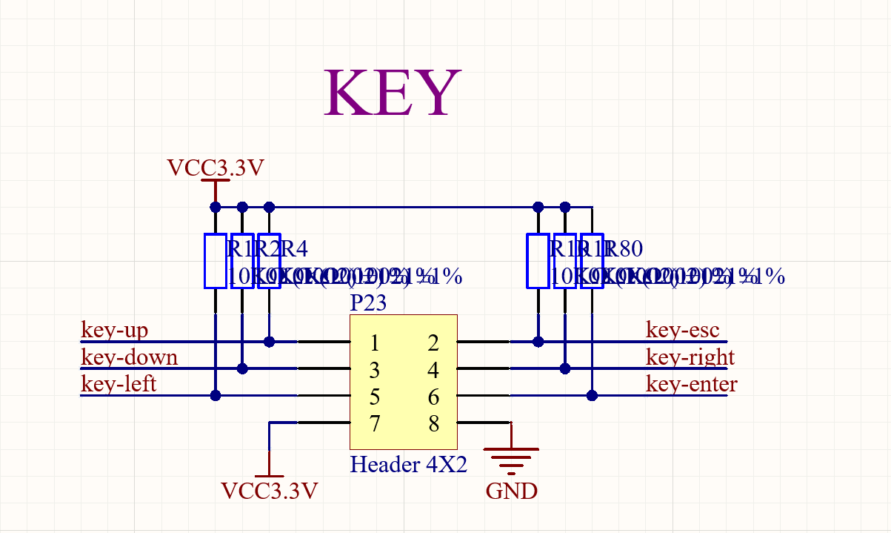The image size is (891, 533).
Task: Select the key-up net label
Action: click(x=115, y=330)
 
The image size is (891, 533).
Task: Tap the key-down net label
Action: click(x=129, y=357)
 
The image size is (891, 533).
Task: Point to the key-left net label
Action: click(x=119, y=384)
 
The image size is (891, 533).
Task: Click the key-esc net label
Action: click(x=682, y=330)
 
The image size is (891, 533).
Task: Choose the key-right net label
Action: click(x=690, y=357)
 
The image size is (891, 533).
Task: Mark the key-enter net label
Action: click(x=691, y=384)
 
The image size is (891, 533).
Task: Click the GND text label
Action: click(x=511, y=491)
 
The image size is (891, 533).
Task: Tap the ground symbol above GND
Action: click(x=510, y=458)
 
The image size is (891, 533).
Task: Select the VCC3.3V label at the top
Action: click(x=216, y=168)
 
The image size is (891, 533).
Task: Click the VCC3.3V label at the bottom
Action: click(x=270, y=491)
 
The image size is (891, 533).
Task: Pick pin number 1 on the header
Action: click(x=375, y=343)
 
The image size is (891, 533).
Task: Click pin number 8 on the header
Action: click(x=434, y=424)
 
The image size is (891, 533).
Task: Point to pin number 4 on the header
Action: click(x=434, y=370)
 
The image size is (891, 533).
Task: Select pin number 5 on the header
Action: click(x=375, y=397)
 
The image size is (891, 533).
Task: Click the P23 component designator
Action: click(x=368, y=303)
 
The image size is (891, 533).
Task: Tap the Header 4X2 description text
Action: click(x=408, y=465)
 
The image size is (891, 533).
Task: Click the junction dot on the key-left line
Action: click(x=216, y=395)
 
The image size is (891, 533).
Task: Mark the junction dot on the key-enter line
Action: click(x=592, y=395)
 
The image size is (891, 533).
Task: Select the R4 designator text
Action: click(x=294, y=248)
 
